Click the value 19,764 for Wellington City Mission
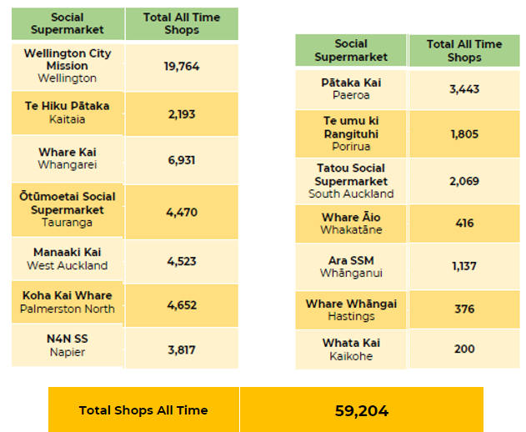point(182,67)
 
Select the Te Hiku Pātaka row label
point(68,113)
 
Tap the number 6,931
point(182,158)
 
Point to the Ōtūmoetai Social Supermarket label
point(68,209)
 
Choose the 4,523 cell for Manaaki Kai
point(182,261)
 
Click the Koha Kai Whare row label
point(68,302)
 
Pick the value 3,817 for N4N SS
point(182,350)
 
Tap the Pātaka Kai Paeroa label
point(351,89)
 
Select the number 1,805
point(464,133)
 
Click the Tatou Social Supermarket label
point(351,181)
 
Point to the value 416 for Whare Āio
point(464,224)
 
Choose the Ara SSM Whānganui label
point(351,267)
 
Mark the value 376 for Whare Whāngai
point(464,309)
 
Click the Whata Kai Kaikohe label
point(351,349)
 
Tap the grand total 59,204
point(361,410)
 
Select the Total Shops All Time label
point(143,410)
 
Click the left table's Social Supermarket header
point(68,23)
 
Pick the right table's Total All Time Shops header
point(464,51)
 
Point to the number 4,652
point(182,305)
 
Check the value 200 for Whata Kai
point(464,349)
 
